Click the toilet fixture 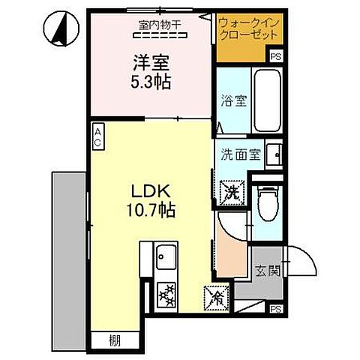coord(267,202)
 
